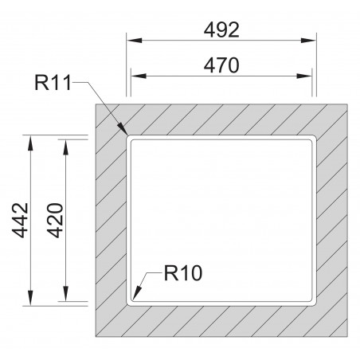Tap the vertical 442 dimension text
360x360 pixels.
pyautogui.click(x=21, y=221)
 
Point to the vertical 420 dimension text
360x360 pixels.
pyautogui.click(x=55, y=221)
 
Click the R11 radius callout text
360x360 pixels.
pyautogui.click(x=52, y=81)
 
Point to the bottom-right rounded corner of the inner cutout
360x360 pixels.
pyautogui.click(x=311, y=301)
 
